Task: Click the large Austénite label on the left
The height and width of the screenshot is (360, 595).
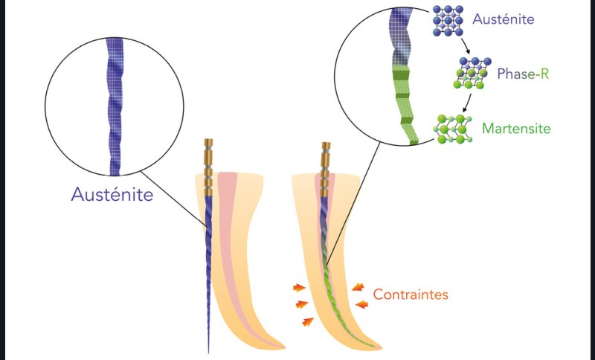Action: [x=112, y=195]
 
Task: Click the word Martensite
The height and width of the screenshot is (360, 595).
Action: [x=516, y=129]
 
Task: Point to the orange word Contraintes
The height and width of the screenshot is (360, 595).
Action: [x=411, y=294]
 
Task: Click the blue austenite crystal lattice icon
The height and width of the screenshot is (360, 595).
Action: [x=448, y=22]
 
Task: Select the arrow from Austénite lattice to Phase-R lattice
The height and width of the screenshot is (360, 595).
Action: [x=465, y=48]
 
